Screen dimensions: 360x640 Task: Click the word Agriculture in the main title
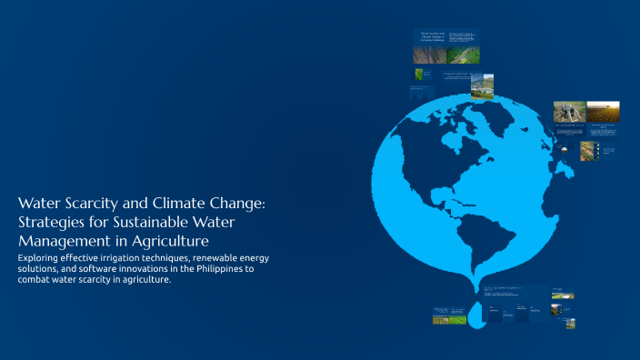click(x=173, y=241)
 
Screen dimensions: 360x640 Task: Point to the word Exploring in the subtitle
click(x=40, y=259)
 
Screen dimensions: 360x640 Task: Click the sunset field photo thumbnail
click(x=603, y=112)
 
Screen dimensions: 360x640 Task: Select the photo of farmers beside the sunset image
click(x=569, y=112)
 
